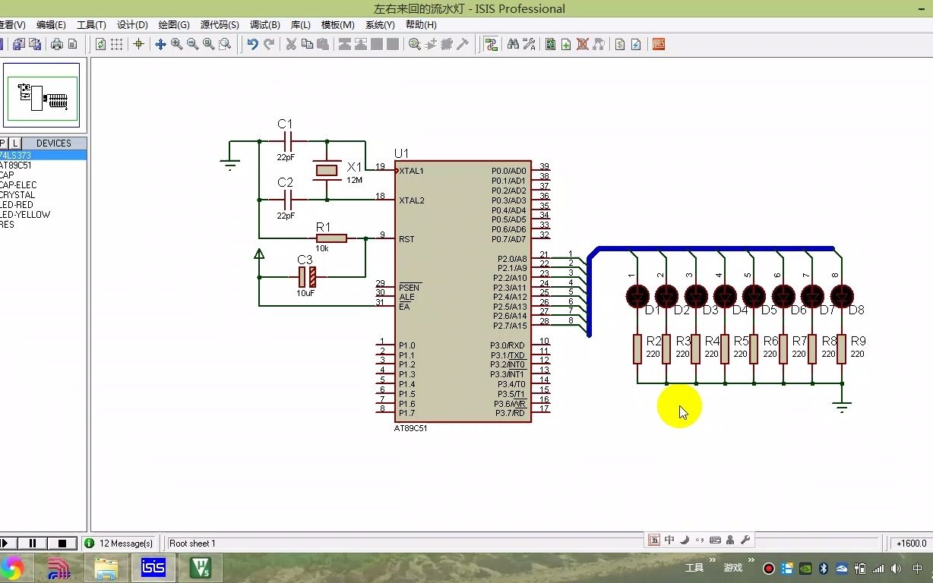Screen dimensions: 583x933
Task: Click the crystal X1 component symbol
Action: [x=327, y=171]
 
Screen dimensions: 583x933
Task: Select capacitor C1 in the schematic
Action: [x=287, y=141]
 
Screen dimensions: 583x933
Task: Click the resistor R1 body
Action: [x=331, y=238]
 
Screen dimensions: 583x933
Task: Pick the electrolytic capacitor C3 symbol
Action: [x=306, y=277]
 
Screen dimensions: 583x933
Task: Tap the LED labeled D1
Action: [x=637, y=296]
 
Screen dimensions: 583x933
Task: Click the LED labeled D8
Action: [x=841, y=296]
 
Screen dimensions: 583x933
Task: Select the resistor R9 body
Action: [x=841, y=348]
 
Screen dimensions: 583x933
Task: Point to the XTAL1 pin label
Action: [x=412, y=171]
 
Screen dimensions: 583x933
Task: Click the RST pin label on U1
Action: [x=406, y=239]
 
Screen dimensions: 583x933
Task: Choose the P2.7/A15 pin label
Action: [x=509, y=326]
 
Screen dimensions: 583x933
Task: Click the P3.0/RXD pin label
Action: [x=508, y=345]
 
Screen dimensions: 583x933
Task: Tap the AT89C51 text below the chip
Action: [x=410, y=428]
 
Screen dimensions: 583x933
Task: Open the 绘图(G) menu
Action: [x=174, y=25]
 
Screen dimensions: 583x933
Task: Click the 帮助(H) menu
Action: [x=421, y=25]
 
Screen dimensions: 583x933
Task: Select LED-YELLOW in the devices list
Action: [x=25, y=215]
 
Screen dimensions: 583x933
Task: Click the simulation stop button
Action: [x=62, y=544]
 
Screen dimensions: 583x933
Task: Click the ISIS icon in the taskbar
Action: [x=153, y=567]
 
